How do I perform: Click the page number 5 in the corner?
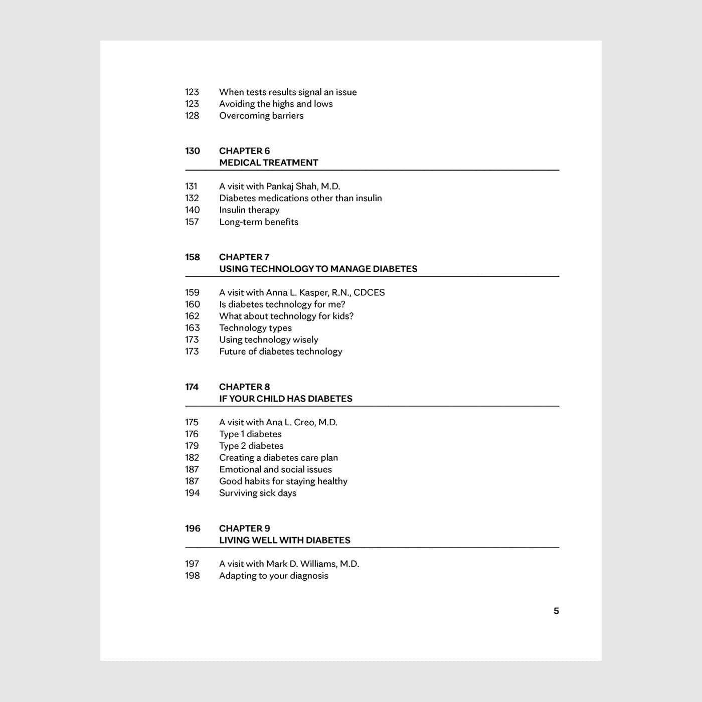coord(556,611)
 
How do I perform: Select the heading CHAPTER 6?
coord(244,151)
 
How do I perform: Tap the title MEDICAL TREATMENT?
coord(268,162)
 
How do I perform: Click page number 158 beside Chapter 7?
coord(193,257)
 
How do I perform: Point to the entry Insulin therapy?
coord(249,210)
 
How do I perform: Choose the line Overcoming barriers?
coord(261,116)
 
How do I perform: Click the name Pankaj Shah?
coord(291,187)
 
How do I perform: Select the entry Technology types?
coord(255,328)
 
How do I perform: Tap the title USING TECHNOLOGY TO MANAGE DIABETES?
coord(318,269)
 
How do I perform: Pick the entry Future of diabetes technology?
coord(280,352)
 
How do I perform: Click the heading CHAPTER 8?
coord(244,387)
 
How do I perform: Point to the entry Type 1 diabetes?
coord(250,434)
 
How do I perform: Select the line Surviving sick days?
coord(257,493)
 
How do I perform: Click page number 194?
coord(192,493)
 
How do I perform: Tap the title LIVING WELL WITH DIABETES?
coord(284,540)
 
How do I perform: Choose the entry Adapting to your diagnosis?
coord(273,576)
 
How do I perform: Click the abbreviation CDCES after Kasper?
coord(369,292)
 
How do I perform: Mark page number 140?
coord(192,210)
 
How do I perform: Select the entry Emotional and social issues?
coord(275,469)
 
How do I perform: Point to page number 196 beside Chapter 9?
coord(193,529)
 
